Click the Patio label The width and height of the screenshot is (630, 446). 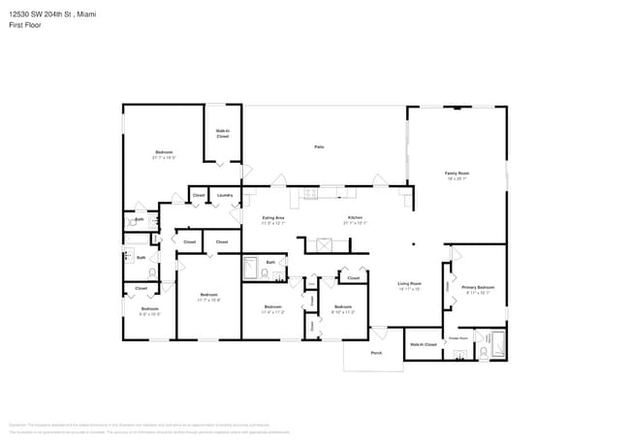tap(318, 146)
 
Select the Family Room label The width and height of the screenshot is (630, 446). tap(457, 174)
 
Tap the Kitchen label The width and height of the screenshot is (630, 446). tap(355, 217)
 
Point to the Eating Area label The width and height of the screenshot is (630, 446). tap(273, 217)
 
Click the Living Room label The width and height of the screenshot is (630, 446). tap(409, 284)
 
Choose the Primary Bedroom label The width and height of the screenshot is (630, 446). tap(478, 287)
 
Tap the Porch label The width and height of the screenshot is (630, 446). tap(376, 353)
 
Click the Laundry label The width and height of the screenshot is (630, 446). tap(225, 195)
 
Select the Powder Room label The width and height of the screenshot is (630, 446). tap(457, 337)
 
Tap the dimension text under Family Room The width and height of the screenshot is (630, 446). tap(457, 179)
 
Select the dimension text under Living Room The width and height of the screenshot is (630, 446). tap(409, 290)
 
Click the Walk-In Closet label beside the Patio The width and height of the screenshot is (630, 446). tap(222, 135)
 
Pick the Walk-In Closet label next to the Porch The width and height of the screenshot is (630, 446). tap(424, 344)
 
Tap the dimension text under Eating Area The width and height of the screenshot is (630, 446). tap(273, 223)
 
